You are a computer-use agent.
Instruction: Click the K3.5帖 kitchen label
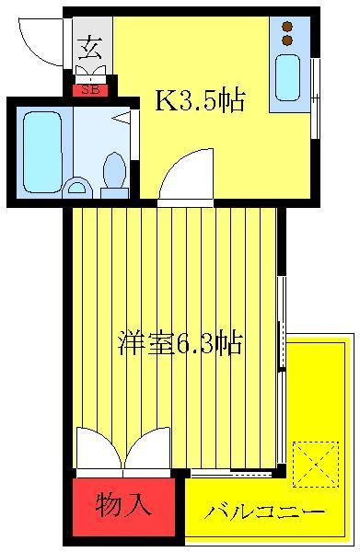[x=200, y=101]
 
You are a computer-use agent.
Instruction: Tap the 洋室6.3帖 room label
[x=180, y=342]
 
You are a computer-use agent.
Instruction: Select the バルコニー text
[x=264, y=511]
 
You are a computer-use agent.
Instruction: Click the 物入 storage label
[x=124, y=504]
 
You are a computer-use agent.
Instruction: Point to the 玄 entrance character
[x=90, y=50]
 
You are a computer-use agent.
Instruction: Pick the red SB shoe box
[x=90, y=90]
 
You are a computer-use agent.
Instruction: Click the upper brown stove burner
[x=288, y=27]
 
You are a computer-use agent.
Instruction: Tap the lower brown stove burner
[x=288, y=40]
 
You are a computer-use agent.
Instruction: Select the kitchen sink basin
[x=288, y=78]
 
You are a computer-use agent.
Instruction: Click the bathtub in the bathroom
[x=42, y=152]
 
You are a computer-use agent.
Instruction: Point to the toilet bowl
[x=114, y=170]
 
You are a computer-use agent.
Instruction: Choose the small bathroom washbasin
[x=77, y=187]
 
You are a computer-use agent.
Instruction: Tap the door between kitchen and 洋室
[x=186, y=175]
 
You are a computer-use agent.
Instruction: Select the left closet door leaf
[x=99, y=448]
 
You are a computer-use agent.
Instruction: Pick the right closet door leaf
[x=147, y=448]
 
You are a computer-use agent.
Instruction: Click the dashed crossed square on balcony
[x=316, y=465]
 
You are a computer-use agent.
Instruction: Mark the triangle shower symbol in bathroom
[x=122, y=118]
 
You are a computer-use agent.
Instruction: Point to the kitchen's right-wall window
[x=316, y=98]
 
